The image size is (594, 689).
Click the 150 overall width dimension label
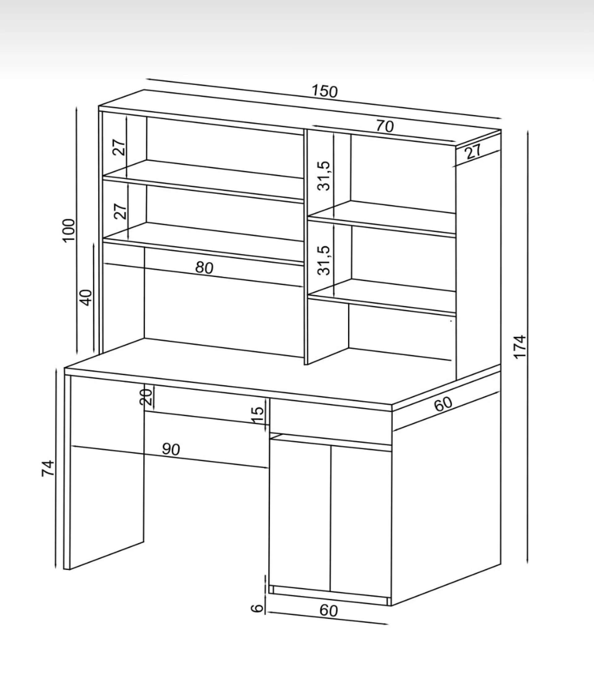(x=325, y=91)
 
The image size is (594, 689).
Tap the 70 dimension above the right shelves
(x=385, y=126)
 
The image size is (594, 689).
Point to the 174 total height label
(x=520, y=347)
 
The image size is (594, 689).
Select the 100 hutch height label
(x=69, y=231)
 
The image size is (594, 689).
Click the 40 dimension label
(x=86, y=298)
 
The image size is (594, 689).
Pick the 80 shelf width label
(x=204, y=267)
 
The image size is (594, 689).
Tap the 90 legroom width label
(x=171, y=449)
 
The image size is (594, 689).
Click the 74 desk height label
(x=48, y=468)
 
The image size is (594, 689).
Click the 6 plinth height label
(x=257, y=608)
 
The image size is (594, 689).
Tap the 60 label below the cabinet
(x=329, y=610)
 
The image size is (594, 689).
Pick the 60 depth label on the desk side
(x=444, y=404)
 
